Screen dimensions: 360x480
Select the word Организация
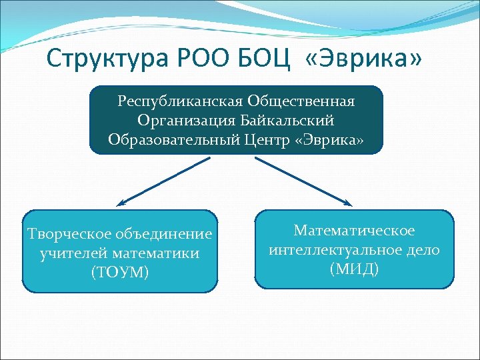[179, 121]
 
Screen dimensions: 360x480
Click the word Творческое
[69, 234]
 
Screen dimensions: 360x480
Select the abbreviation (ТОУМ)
[120, 273]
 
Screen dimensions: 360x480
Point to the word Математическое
[354, 231]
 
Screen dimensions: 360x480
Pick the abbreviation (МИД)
[354, 269]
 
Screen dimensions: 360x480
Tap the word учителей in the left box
[73, 253]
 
